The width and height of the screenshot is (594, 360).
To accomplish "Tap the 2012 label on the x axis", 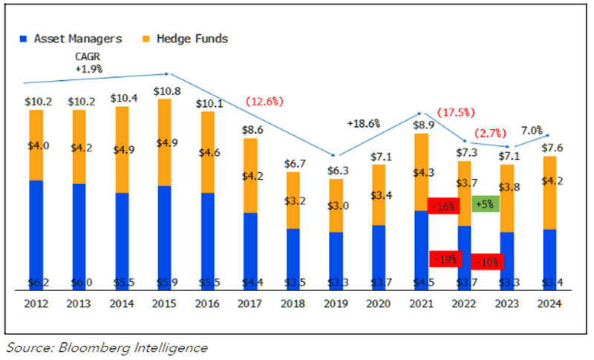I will click(x=36, y=303).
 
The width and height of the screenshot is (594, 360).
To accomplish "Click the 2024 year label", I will click(x=550, y=303).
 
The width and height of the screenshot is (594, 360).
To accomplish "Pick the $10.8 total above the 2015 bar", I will click(x=165, y=91).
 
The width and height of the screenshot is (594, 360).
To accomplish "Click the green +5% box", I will click(x=486, y=203).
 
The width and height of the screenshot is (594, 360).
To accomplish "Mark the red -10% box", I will click(x=487, y=261).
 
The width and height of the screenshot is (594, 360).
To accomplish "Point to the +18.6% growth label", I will click(x=363, y=123).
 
